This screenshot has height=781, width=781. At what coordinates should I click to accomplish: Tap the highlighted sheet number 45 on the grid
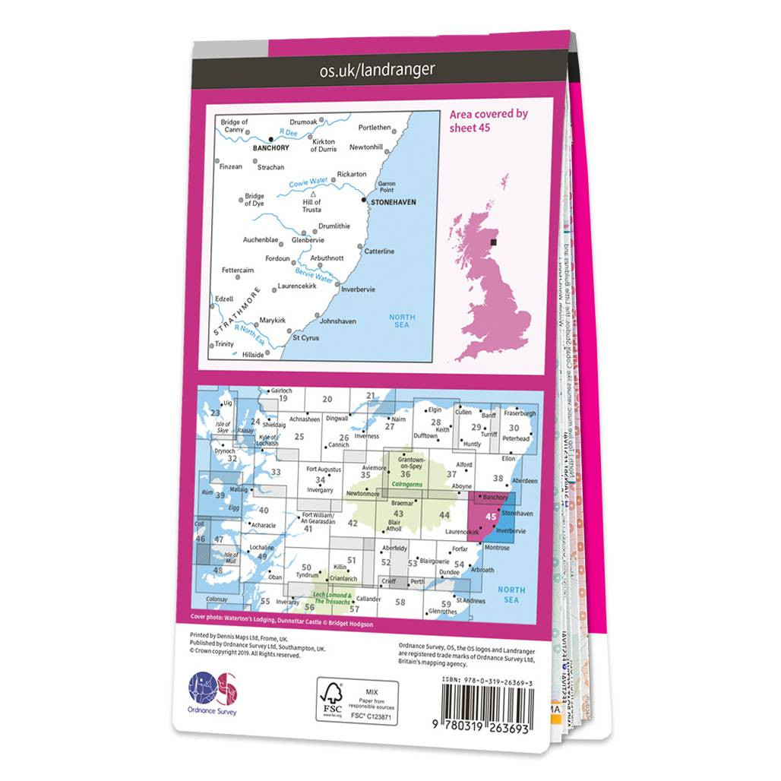pos(490,517)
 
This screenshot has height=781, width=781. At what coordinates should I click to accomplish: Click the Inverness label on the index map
pos(366,436)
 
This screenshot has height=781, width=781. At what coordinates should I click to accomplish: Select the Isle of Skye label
pos(222,428)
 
